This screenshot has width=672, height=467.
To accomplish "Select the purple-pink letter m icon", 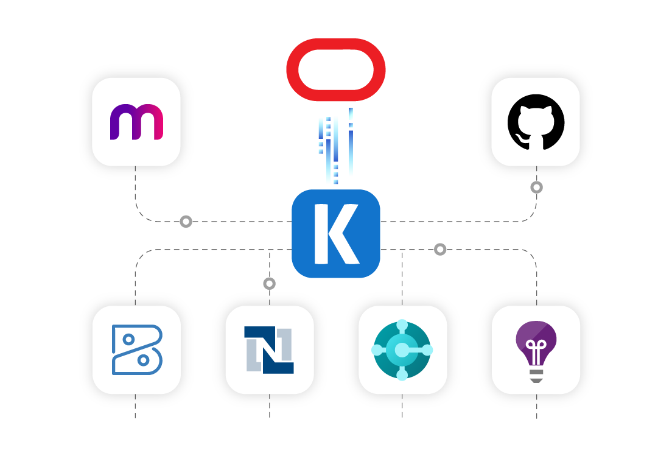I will click(x=136, y=122).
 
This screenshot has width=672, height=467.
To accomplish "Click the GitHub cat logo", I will click(x=536, y=122).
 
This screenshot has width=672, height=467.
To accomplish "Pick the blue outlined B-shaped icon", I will click(x=136, y=350).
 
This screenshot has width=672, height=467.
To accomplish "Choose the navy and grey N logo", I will click(x=269, y=350).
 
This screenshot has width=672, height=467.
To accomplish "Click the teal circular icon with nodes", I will click(x=402, y=350).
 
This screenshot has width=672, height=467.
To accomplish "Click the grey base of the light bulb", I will click(x=536, y=376).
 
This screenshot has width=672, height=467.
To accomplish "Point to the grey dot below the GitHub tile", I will click(x=536, y=188).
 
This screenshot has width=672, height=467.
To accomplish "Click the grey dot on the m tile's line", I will click(x=186, y=222).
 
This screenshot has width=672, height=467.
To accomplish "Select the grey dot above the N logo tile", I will click(x=270, y=284).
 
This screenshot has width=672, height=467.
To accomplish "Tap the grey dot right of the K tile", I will click(x=440, y=250).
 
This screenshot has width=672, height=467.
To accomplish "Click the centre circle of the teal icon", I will click(x=402, y=350).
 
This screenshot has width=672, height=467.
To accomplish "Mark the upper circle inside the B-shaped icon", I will click(x=128, y=339).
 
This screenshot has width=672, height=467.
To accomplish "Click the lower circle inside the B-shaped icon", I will click(x=144, y=360).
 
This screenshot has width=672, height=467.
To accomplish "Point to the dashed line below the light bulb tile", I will click(x=536, y=407).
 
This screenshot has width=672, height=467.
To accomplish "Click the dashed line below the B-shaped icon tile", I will click(x=135, y=407).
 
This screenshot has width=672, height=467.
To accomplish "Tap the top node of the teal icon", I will click(x=402, y=325).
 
